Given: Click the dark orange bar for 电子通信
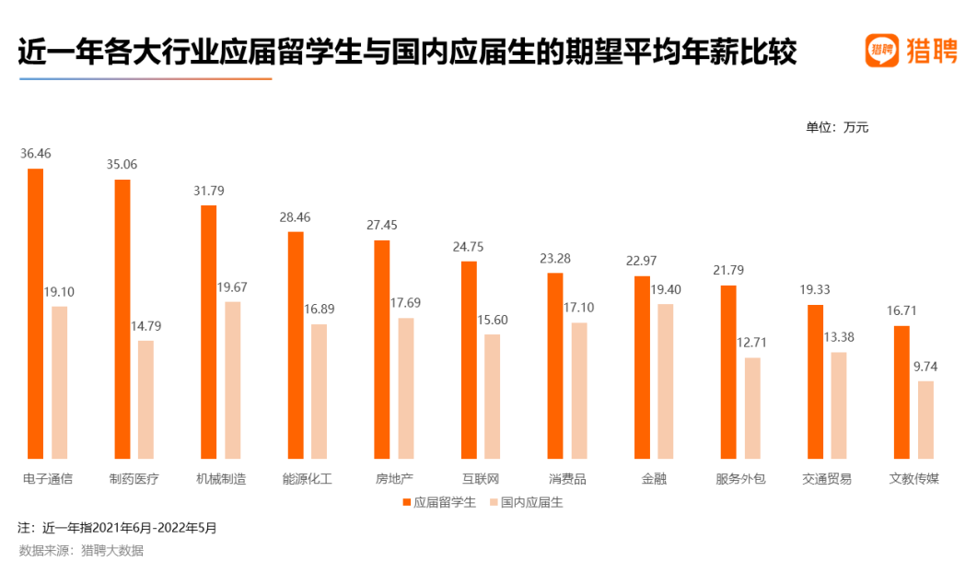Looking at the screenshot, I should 36,313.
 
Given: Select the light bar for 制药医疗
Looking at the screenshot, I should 145,399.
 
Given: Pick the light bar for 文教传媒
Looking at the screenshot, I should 925,419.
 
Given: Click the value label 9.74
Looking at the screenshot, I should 925,367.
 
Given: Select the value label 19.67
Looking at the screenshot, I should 232,287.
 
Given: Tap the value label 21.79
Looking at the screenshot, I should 727,271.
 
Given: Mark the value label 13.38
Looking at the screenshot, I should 839,337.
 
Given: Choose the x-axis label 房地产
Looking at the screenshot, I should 394,479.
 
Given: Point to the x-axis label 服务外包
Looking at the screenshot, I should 740,479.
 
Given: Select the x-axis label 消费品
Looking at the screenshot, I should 567,479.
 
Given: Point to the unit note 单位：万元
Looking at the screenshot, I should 837,127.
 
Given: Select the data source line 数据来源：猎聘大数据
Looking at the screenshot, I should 81,551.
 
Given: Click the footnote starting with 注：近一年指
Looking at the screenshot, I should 117,529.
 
